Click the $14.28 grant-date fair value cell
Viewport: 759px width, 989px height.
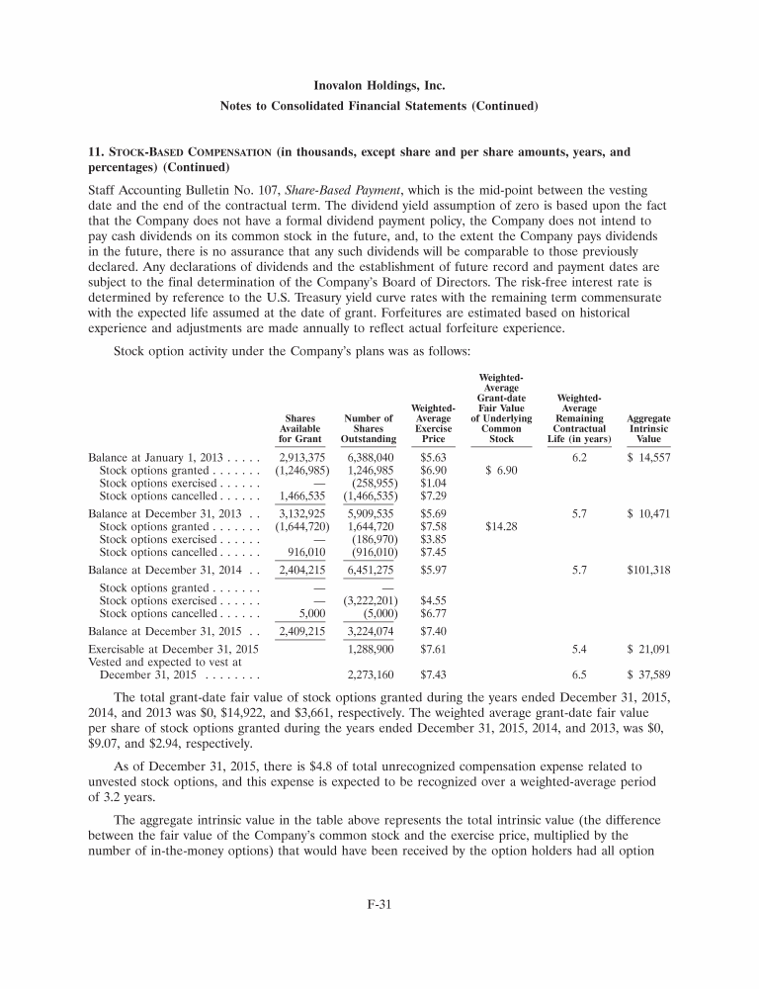(x=499, y=527)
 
